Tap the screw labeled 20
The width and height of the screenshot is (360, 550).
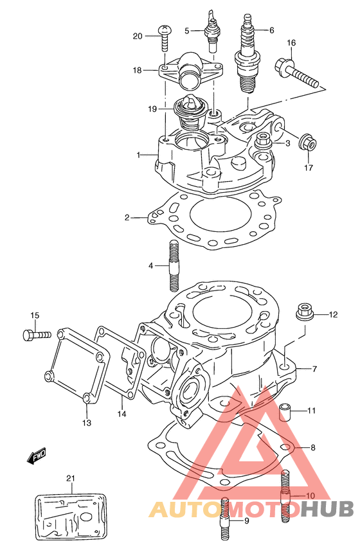click(165, 39)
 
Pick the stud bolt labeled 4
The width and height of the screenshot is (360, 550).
click(174, 265)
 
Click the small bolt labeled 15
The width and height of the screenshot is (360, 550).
click(37, 334)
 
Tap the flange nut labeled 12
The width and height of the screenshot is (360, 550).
click(304, 311)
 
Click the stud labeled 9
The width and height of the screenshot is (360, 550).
click(225, 519)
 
